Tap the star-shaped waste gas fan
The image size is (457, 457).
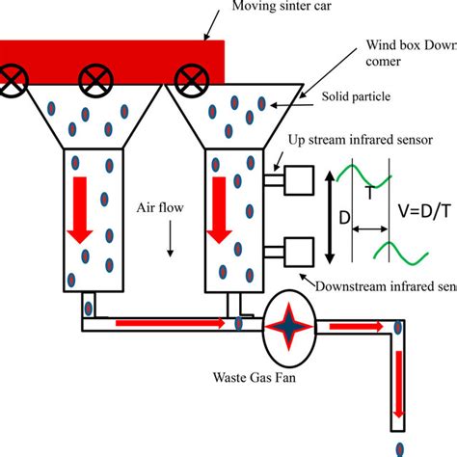pos(290,325)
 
